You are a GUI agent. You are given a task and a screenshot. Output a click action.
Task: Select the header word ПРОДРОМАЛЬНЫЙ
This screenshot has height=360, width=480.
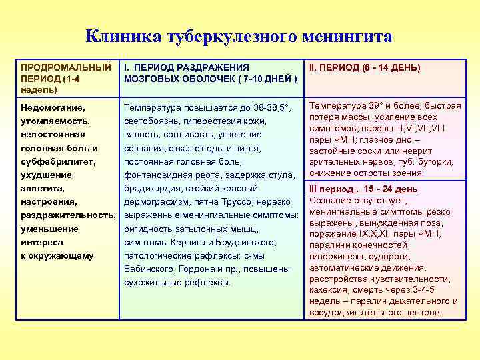tap(66, 67)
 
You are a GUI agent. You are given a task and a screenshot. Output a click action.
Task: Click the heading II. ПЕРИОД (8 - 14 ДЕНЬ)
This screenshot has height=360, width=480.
tap(363, 67)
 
